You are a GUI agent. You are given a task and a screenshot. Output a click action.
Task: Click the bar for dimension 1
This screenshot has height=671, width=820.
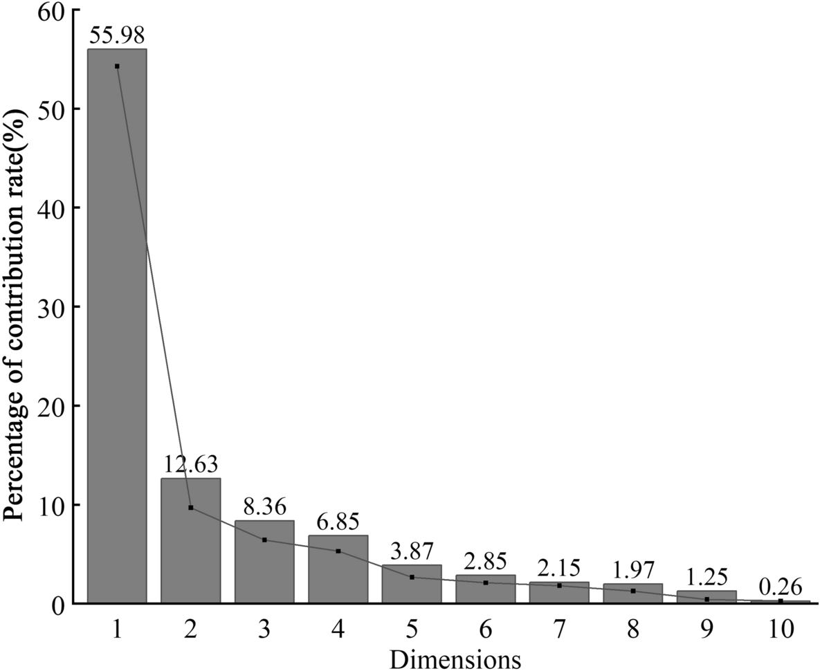pos(117,325)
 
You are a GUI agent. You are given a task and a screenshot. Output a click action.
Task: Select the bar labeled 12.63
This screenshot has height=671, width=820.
pos(190,540)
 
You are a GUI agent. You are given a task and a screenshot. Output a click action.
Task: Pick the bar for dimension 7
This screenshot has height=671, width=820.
pos(559,592)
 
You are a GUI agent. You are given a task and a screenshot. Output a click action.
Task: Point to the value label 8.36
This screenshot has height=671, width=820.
pos(264,507)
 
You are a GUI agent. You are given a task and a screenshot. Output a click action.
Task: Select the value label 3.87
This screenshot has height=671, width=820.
pos(412,552)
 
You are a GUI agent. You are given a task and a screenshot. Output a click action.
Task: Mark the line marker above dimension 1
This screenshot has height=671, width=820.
pos(117,66)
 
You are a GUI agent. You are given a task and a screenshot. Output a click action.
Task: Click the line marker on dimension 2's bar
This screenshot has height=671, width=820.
pos(191,508)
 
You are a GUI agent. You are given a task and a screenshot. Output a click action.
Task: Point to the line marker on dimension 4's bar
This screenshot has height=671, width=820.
pos(338,551)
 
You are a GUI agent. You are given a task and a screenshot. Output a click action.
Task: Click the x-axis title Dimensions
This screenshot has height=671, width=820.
pos(455,657)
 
